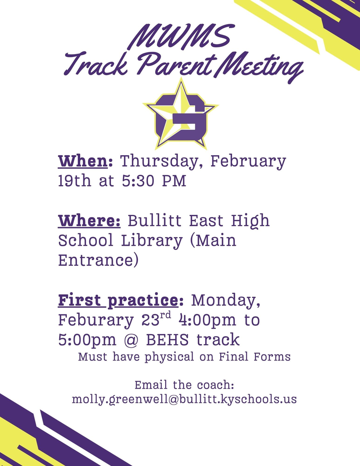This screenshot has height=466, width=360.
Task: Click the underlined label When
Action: click(x=85, y=161)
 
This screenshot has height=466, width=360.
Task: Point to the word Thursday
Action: click(x=162, y=161)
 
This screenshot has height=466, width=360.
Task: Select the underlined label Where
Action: click(x=89, y=221)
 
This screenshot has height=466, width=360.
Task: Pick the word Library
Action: click(x=152, y=241)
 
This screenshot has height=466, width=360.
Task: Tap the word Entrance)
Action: click(x=98, y=260)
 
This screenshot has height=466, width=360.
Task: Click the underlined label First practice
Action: click(x=118, y=300)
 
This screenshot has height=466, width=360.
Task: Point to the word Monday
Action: click(x=226, y=300)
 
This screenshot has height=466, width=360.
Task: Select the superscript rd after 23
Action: click(x=166, y=315)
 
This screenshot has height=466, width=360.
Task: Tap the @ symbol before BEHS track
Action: click(x=136, y=340)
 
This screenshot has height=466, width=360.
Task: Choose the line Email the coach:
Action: click(x=184, y=385)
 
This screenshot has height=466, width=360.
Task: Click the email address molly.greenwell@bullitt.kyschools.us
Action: click(x=184, y=400)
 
